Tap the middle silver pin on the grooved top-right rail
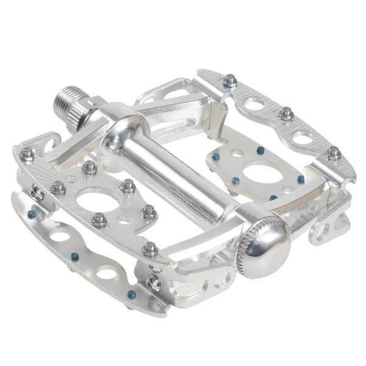(x=285, y=113)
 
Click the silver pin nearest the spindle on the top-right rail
(x=230, y=81)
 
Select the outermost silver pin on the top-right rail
(x=333, y=153)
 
